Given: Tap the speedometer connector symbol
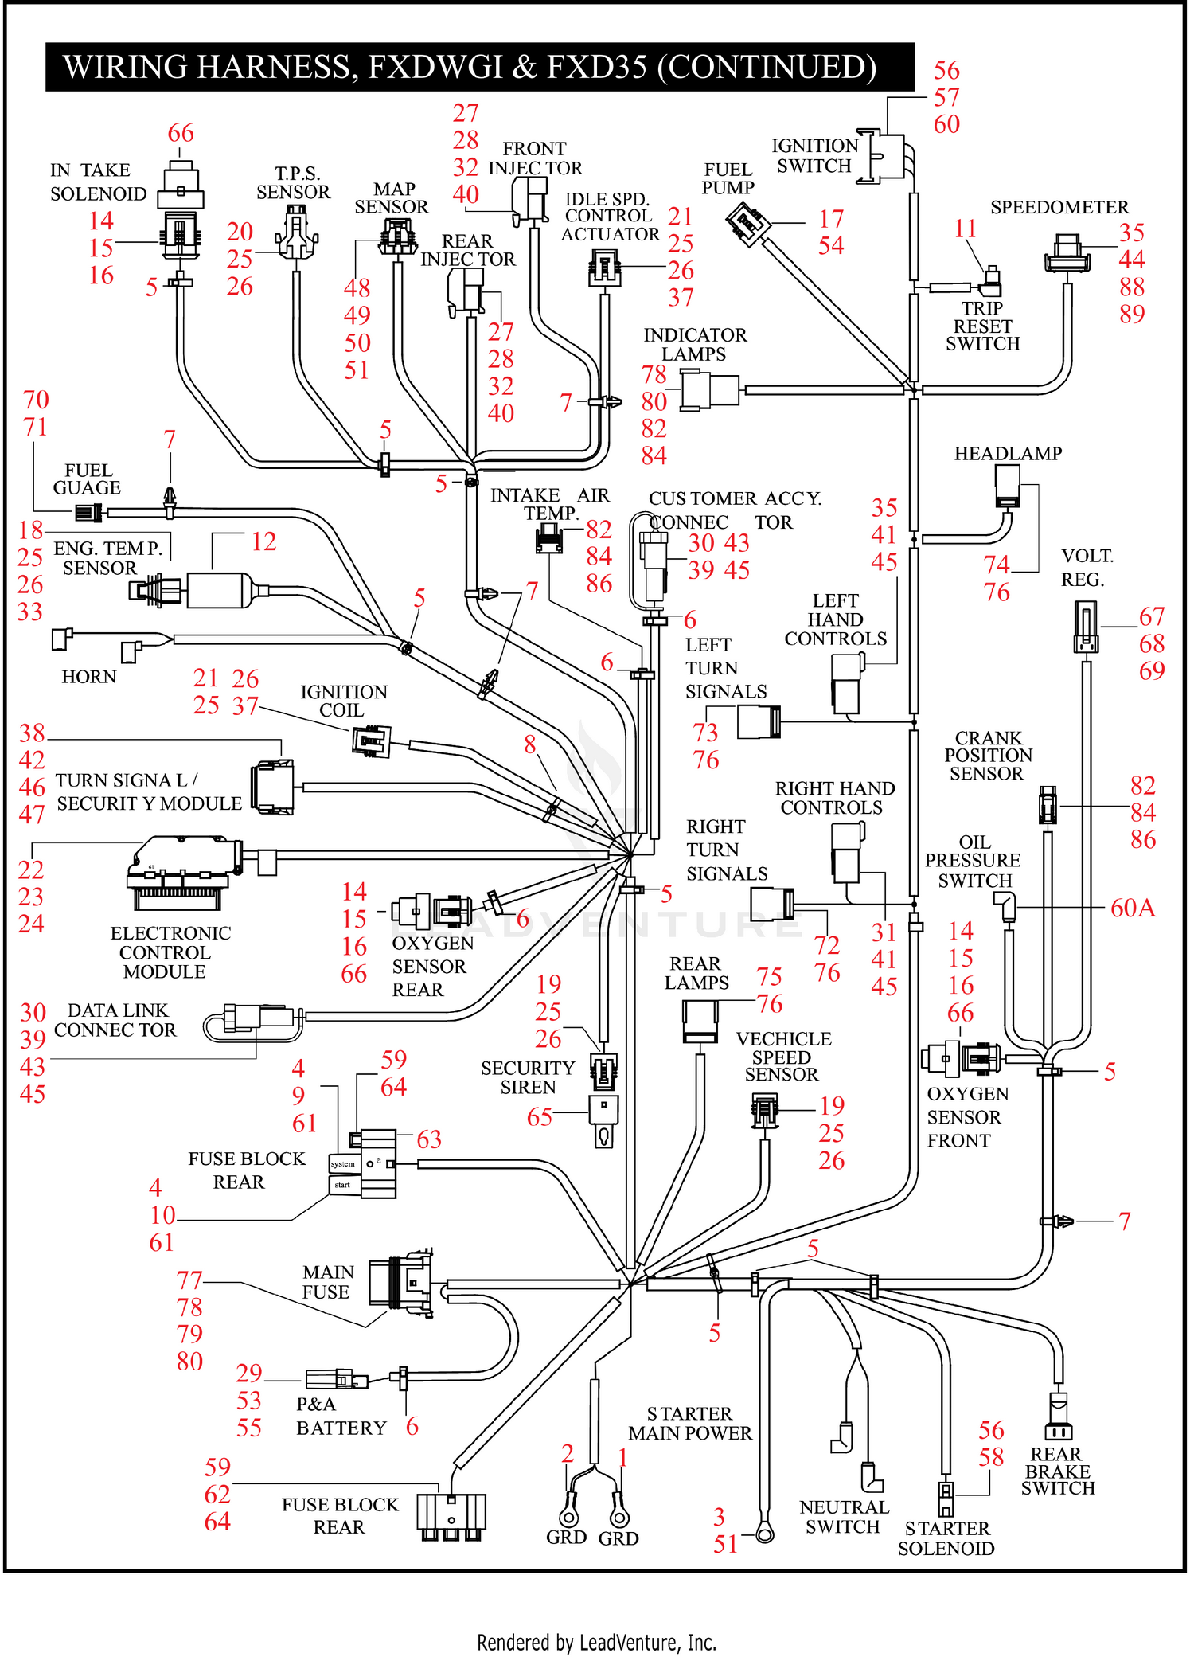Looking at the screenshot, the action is [1067, 253].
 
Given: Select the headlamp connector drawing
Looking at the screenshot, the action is [1008, 486].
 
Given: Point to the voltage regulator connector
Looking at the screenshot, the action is [1086, 627].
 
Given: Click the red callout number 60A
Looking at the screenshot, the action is [1133, 908].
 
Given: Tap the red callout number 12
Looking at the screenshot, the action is [263, 541].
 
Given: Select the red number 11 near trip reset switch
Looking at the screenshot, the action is [965, 229].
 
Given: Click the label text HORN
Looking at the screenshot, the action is [89, 677].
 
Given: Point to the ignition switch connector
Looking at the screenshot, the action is [881, 156].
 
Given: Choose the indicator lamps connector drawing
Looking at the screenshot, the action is [711, 391].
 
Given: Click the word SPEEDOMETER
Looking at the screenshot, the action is [1059, 207].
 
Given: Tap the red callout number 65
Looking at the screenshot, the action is [540, 1117].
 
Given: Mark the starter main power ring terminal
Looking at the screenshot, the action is [764, 1532].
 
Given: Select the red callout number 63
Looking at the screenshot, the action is [429, 1139].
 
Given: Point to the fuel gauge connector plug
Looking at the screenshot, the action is [89, 513].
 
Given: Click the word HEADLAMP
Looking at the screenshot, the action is [1008, 454].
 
